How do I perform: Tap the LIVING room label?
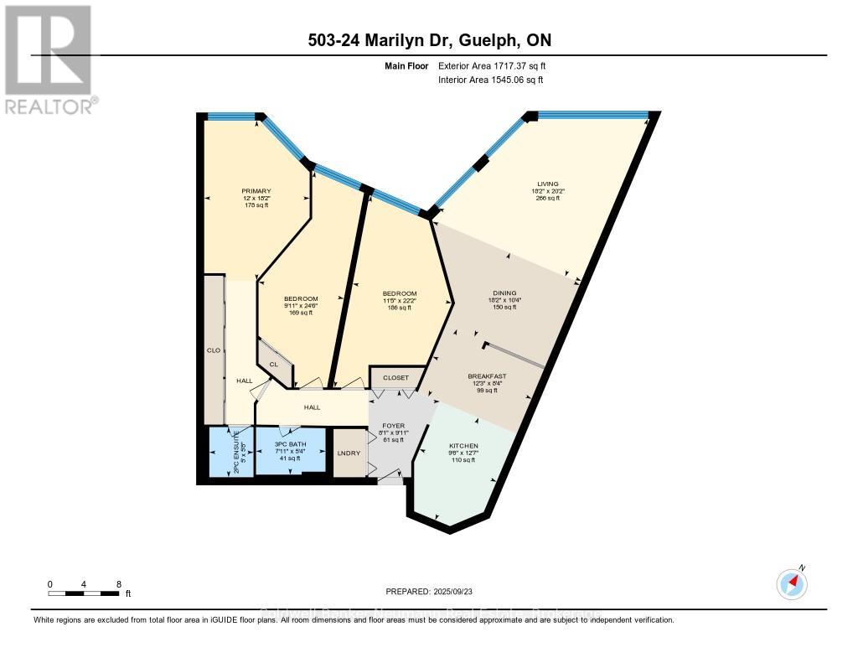548,184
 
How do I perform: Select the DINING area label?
503,293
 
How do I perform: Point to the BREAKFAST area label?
482,376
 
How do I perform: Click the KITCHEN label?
463,446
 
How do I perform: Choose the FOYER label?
394,426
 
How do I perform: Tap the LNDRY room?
349,453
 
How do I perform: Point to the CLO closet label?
213,350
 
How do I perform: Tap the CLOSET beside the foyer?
395,378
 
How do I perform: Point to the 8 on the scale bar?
119,584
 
